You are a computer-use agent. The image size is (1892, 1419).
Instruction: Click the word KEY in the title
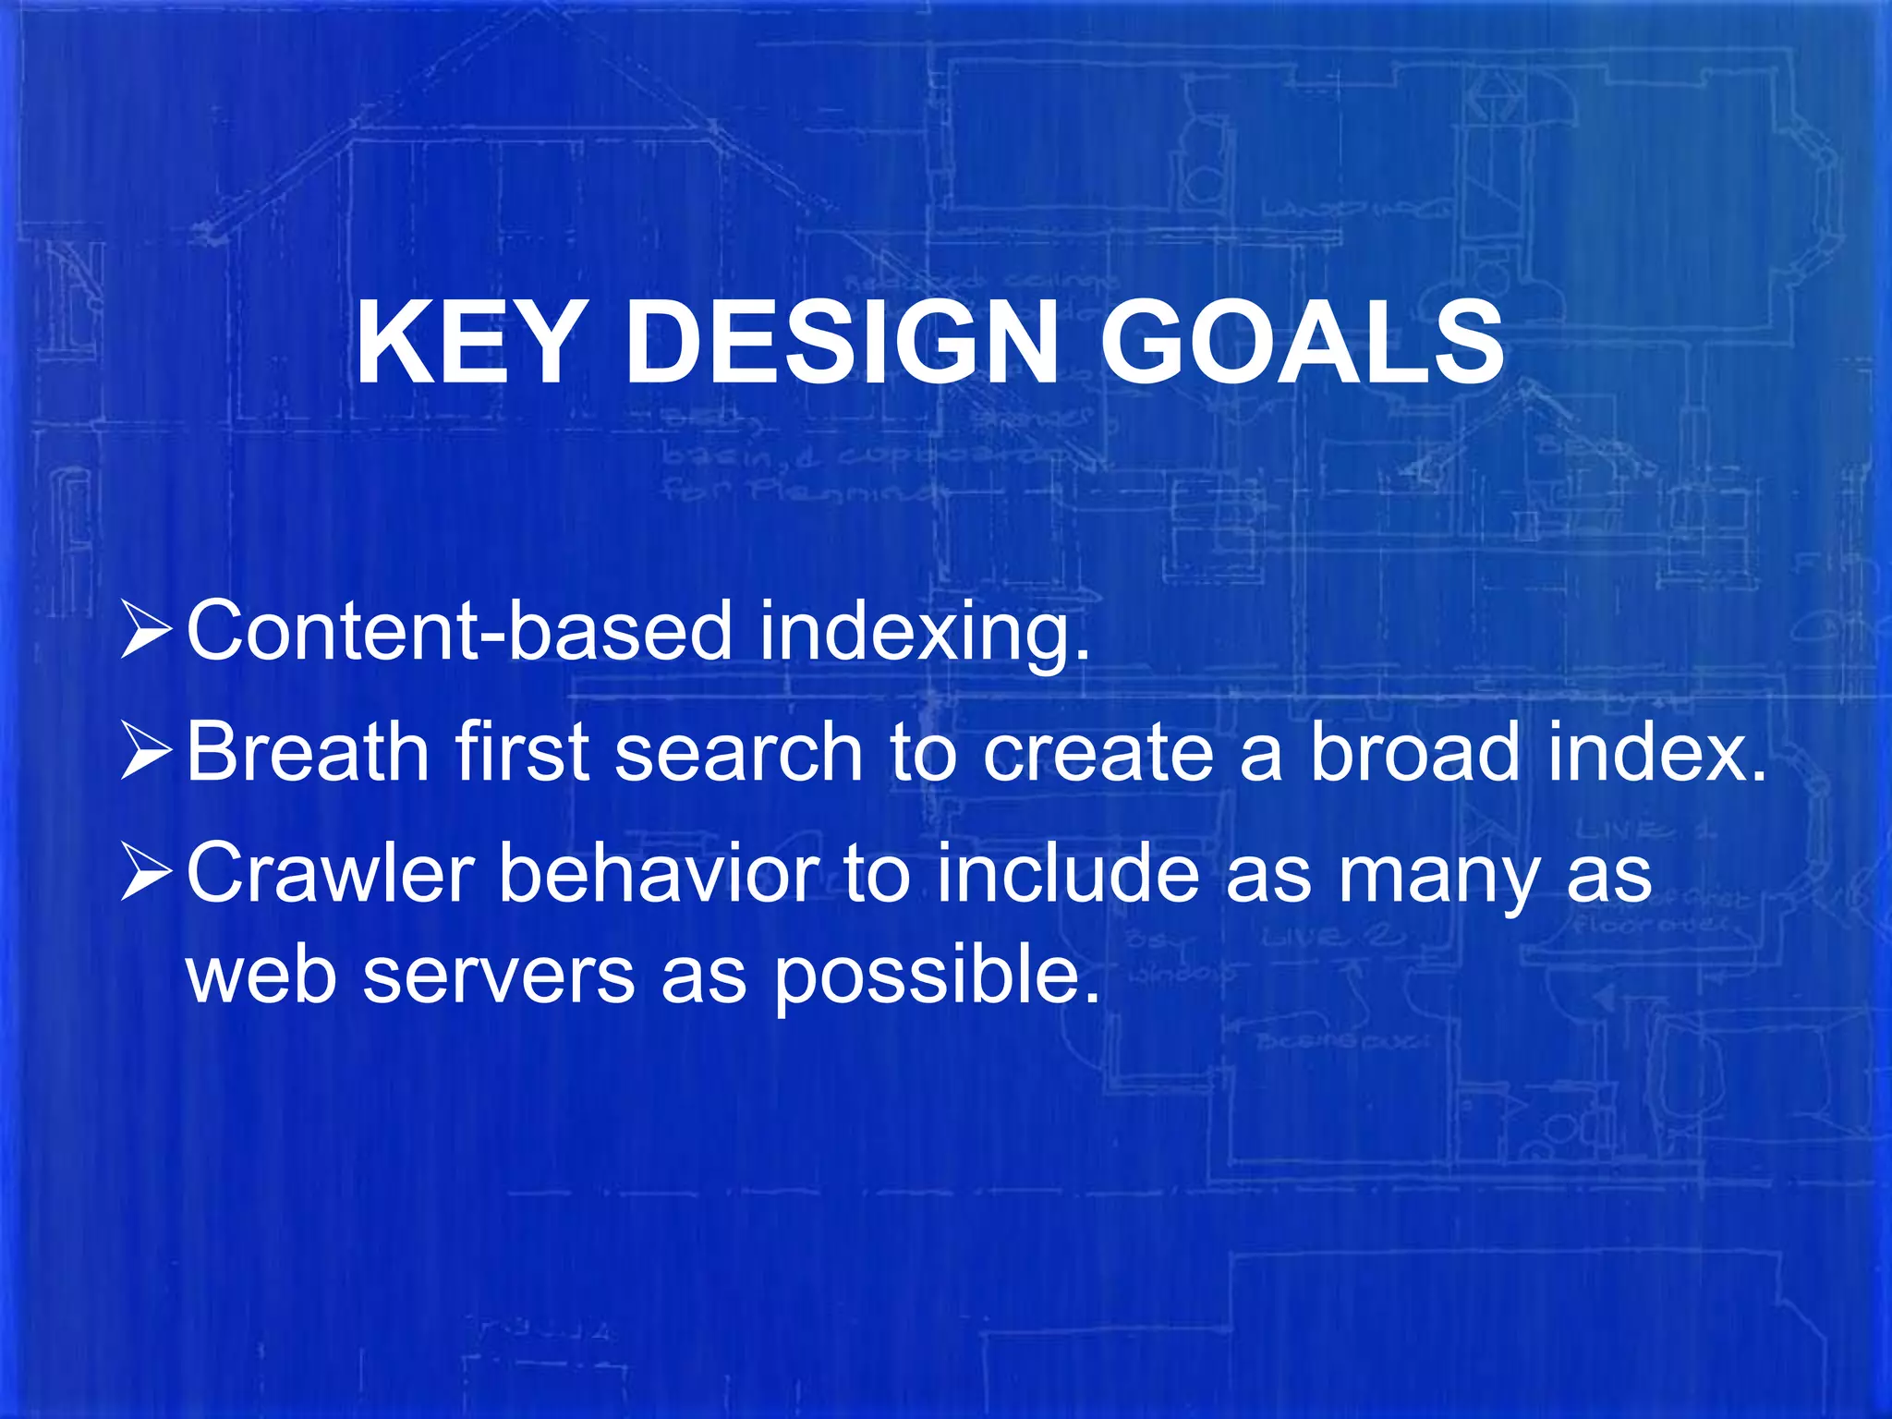[x=466, y=344]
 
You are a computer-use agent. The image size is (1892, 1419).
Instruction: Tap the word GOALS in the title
[x=1302, y=344]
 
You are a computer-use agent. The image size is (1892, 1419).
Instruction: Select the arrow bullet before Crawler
[x=145, y=873]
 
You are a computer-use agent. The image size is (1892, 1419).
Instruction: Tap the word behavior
[x=658, y=873]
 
